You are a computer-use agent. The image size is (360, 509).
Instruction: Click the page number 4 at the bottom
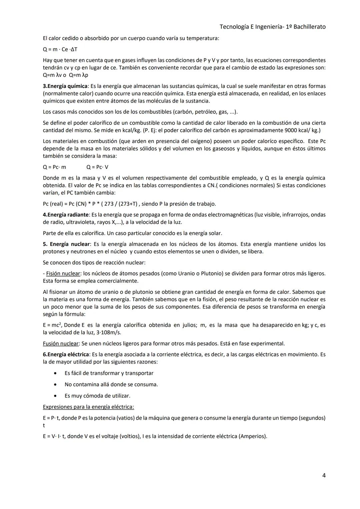click(324, 475)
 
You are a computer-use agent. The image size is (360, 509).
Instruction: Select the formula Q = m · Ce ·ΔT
click(60, 49)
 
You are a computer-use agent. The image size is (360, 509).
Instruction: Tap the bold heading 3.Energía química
click(65, 86)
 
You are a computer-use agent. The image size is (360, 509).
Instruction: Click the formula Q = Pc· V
click(97, 167)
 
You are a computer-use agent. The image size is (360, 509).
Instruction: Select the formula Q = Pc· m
click(54, 167)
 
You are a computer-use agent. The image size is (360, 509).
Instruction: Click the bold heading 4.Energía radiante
click(66, 215)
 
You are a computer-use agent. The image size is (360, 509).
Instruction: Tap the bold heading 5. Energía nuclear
click(66, 244)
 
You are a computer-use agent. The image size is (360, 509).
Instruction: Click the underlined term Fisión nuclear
click(63, 273)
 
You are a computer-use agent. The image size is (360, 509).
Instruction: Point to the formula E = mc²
click(52, 325)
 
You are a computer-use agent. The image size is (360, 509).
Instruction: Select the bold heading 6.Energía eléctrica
click(66, 354)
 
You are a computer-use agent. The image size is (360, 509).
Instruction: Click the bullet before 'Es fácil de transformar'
click(56, 373)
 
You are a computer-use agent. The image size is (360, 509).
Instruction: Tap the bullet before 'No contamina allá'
click(56, 385)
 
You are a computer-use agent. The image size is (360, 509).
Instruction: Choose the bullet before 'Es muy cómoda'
click(56, 396)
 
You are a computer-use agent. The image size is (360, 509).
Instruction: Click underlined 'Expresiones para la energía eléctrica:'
click(88, 407)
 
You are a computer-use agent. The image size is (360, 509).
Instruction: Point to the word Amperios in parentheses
click(252, 436)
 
